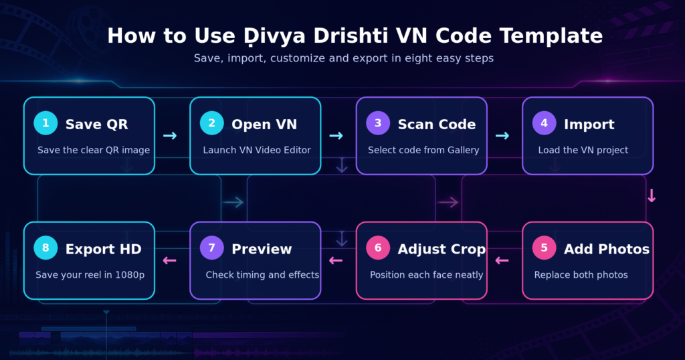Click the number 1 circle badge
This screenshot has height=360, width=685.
tap(45, 123)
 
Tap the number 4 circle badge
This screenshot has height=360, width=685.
tap(544, 123)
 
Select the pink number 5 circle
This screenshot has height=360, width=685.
tap(544, 248)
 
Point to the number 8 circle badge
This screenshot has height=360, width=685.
tap(45, 248)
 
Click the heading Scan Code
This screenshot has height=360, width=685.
tap(436, 124)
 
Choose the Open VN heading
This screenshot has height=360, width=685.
tap(264, 124)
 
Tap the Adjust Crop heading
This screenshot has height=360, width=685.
tap(442, 250)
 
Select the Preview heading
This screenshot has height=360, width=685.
tap(262, 249)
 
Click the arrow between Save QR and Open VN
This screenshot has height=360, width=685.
tap(170, 136)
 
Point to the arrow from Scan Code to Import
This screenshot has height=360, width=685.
tap(502, 136)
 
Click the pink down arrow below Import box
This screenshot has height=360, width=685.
tap(652, 196)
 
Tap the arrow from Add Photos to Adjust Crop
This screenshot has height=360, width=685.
tap(502, 261)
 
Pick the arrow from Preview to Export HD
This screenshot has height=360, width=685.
tap(169, 261)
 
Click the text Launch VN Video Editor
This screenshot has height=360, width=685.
tap(257, 151)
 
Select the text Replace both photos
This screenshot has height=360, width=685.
tap(581, 275)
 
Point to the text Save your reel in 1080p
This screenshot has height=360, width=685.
tap(90, 275)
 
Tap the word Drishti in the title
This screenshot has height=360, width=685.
tap(351, 36)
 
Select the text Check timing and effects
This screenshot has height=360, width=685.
tap(262, 275)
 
